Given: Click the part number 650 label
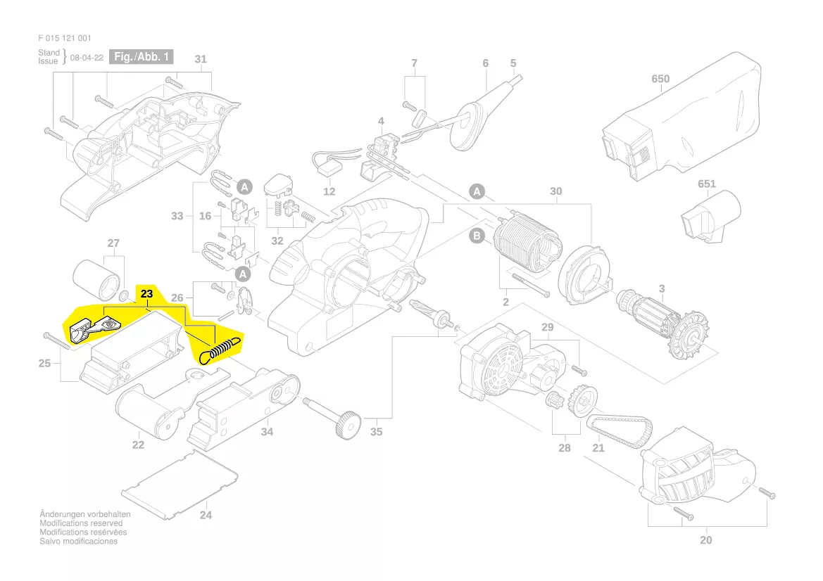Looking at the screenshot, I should click(x=660, y=79).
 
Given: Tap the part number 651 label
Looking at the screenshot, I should click(x=706, y=184).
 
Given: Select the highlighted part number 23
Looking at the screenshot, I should click(x=146, y=293).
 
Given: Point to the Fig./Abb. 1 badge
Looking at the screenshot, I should click(x=143, y=57).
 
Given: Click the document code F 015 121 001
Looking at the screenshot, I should click(x=64, y=38).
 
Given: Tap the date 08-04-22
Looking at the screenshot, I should click(x=87, y=58).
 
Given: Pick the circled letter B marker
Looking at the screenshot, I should click(x=477, y=236).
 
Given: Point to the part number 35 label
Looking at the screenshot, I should click(x=377, y=432).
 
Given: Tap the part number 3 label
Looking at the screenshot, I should click(x=661, y=288).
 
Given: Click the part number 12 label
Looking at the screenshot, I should click(x=329, y=191).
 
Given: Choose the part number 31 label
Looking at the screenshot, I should click(x=201, y=59).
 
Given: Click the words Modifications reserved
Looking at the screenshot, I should click(x=81, y=523).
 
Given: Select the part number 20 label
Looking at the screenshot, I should click(x=706, y=540).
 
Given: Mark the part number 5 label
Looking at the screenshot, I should click(x=513, y=63).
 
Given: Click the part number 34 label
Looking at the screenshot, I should click(x=267, y=432).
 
